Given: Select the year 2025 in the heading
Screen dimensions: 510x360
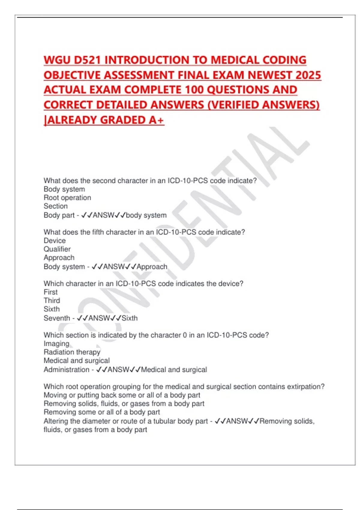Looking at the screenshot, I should coord(308,75).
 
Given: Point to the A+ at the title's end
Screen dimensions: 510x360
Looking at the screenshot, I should coord(156,120).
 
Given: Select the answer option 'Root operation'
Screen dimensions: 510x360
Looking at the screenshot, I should coord(67,198).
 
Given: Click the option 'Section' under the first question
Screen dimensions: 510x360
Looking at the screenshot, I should coord(55,206).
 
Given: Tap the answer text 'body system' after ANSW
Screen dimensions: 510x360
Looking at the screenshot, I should coord(146,215).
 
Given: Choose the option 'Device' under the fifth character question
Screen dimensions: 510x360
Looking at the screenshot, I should coord(55,241).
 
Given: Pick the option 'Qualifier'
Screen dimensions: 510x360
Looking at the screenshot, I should coord(57,249).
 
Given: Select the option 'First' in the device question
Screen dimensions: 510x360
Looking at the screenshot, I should coord(50,292).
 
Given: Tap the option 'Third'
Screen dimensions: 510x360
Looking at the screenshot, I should coord(52,301).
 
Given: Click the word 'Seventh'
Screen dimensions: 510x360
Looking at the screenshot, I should coord(57,318).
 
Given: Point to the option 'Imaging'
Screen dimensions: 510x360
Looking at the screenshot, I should coord(56,343).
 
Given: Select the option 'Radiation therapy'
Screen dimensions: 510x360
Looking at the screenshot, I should coord(72,352).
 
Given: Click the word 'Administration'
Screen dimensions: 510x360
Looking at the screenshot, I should coord(66,370).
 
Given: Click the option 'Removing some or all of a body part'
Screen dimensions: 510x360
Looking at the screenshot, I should coord(102,412).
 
